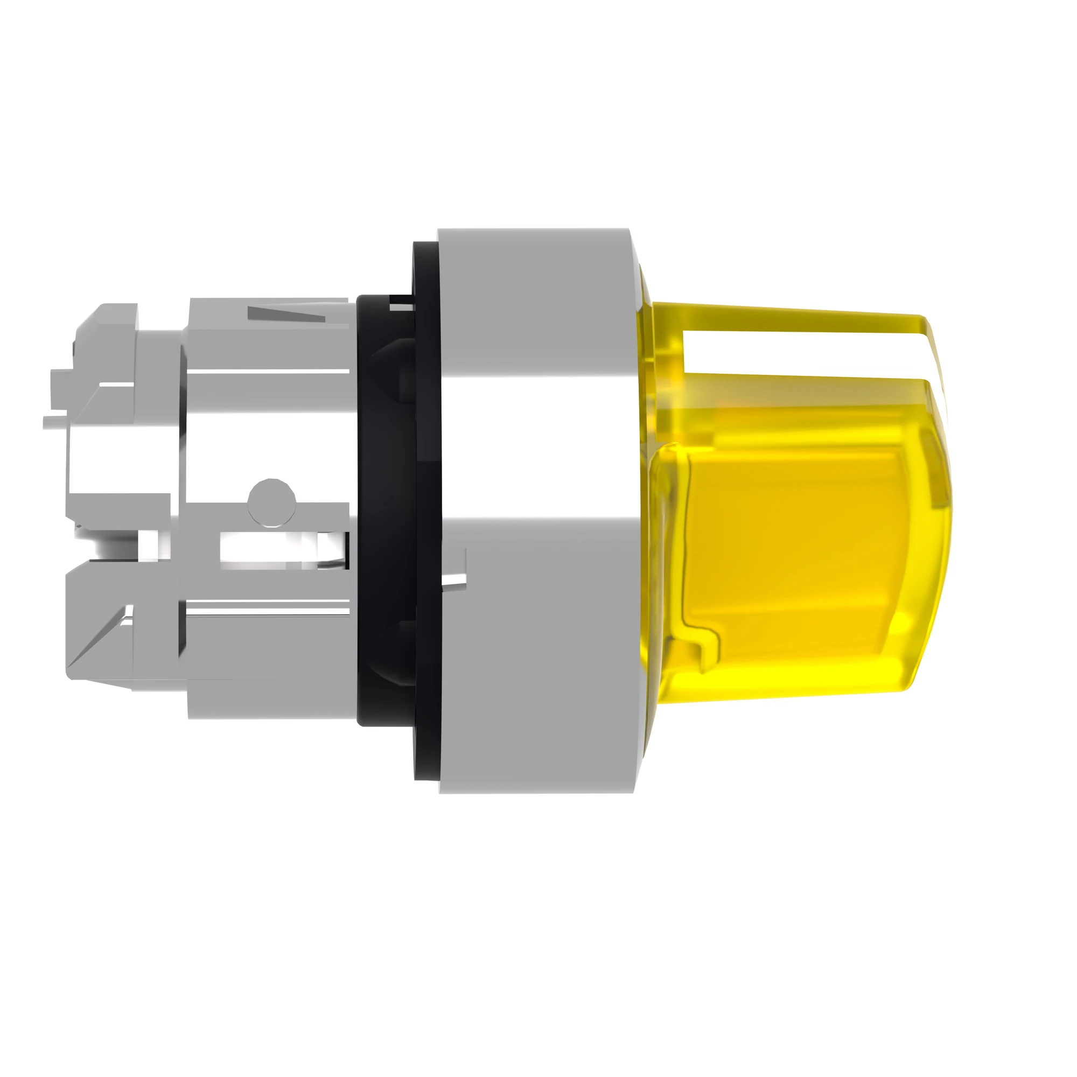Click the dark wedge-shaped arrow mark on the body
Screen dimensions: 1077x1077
click(284, 313)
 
